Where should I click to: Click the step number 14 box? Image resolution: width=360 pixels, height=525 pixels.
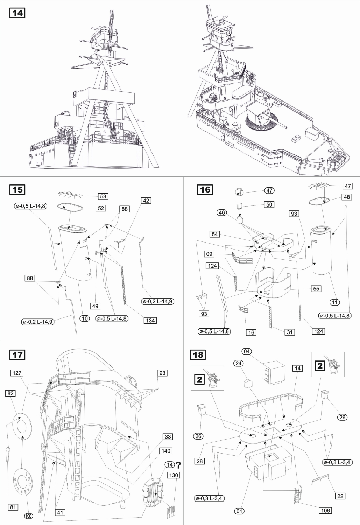[18, 13]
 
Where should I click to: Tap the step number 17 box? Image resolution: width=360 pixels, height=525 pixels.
[18, 355]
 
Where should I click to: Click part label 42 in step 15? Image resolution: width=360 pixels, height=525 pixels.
[146, 201]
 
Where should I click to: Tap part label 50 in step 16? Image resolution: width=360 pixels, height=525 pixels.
[269, 204]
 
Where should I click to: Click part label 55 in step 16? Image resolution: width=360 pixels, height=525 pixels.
[316, 289]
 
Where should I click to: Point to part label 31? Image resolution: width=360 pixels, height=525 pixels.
[289, 332]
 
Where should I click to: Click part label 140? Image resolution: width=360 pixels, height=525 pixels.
[166, 451]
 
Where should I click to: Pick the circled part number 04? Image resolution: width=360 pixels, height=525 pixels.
[247, 351]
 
